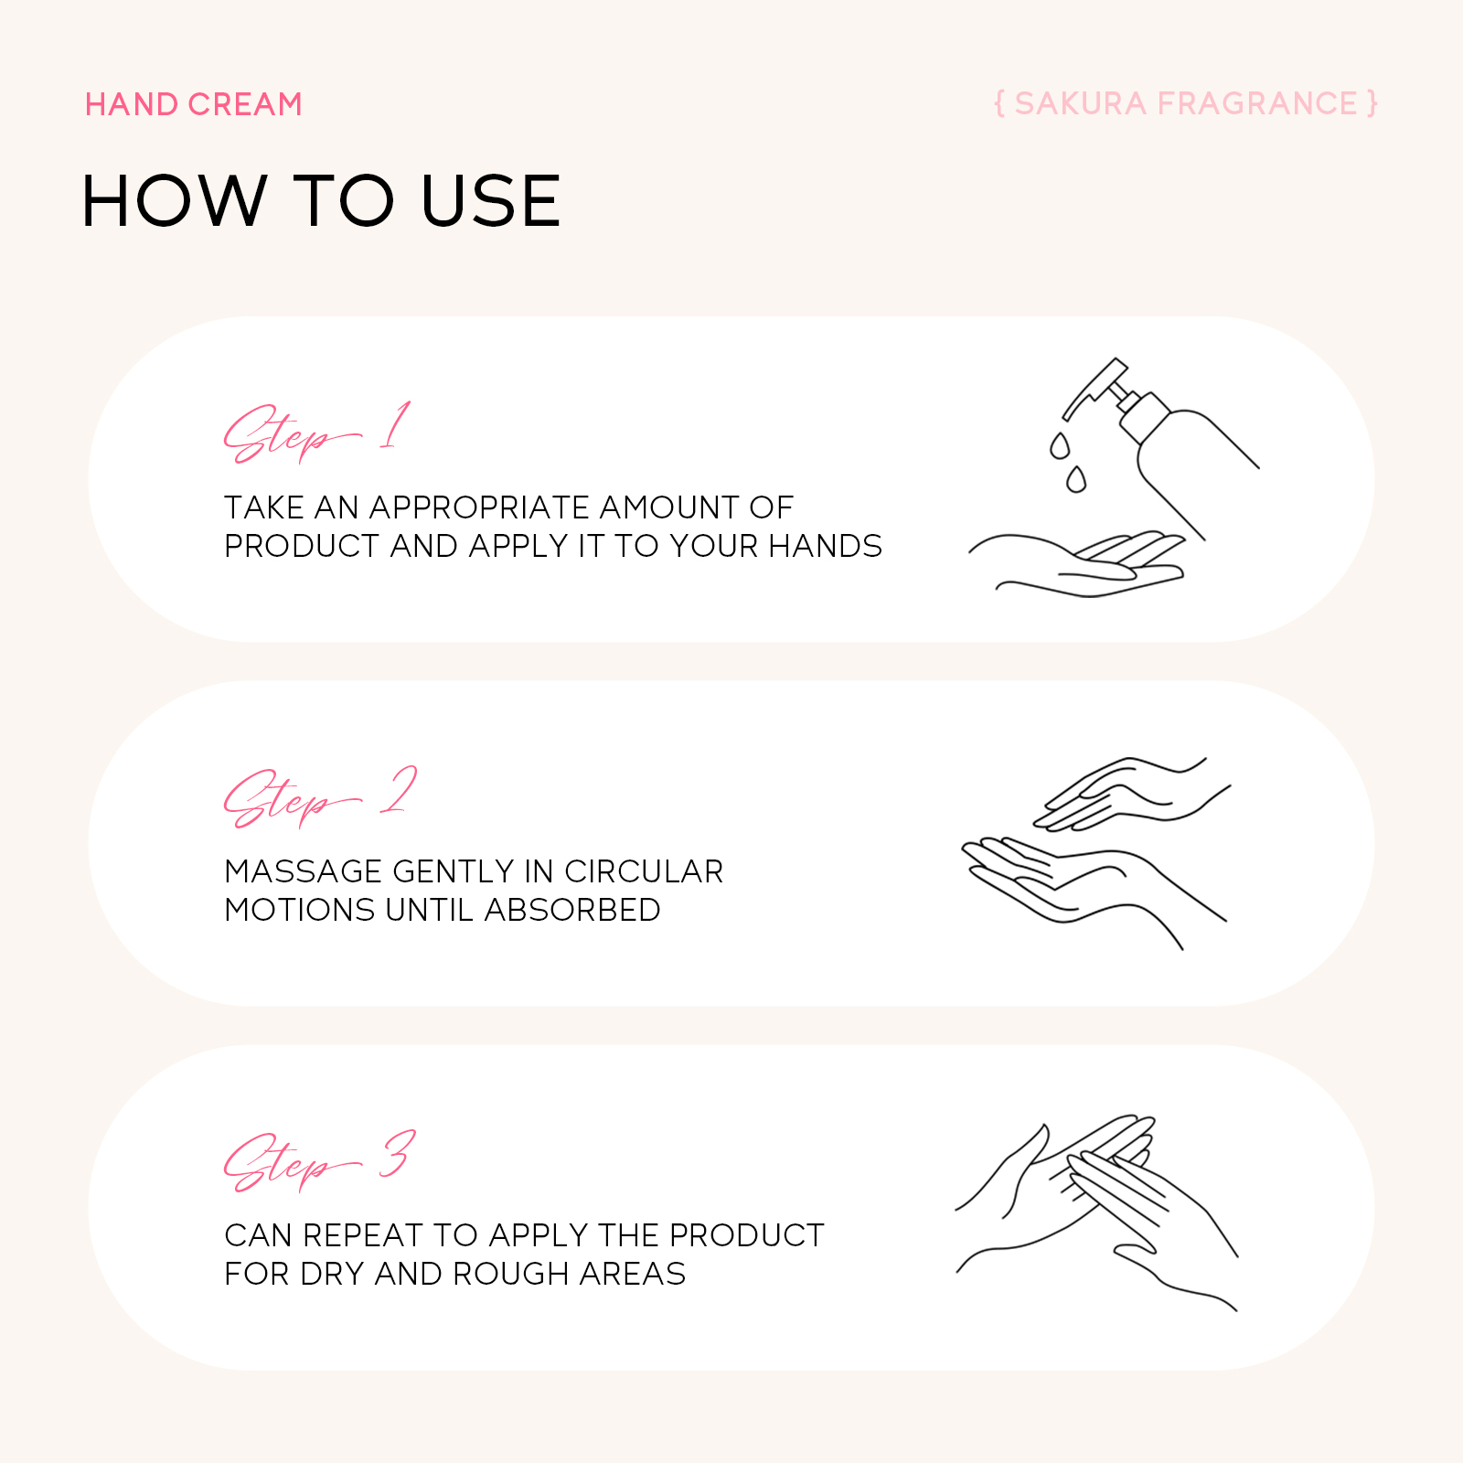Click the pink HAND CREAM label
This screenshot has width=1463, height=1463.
tap(193, 104)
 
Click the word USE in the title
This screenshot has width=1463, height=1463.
tap(490, 201)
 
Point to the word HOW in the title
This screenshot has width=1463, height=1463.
tap(174, 201)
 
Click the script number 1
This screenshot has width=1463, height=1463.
tap(395, 425)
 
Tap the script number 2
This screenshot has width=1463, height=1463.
tap(399, 790)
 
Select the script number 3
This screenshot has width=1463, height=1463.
tap(398, 1154)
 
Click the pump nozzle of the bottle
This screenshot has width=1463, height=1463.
tap(1094, 387)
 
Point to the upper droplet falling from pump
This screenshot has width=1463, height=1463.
tap(1060, 446)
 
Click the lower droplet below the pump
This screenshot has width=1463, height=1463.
tap(1076, 479)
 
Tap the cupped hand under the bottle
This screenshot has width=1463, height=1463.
tap(1077, 564)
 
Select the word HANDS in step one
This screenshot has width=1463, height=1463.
tap(825, 546)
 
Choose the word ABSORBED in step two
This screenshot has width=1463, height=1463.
tap(572, 910)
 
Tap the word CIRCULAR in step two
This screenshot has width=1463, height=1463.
tap(644, 871)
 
